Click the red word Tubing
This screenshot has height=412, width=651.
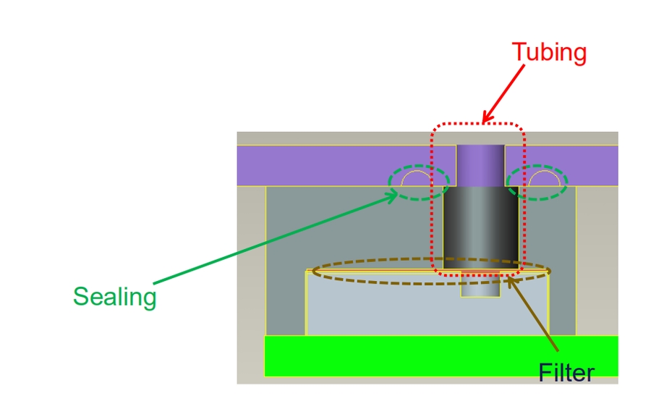tap(549, 53)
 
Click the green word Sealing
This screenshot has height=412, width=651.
tap(114, 297)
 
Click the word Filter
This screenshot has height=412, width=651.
tap(566, 372)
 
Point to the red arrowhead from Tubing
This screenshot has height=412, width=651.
tap(486, 117)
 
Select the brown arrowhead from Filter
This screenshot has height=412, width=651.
tap(511, 281)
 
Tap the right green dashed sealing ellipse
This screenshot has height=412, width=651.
tap(537, 181)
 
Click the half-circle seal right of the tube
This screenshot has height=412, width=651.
tap(542, 178)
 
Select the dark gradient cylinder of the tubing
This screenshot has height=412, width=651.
tap(481, 224)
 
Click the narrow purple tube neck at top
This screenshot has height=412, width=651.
tap(480, 165)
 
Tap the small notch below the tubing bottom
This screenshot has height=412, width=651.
tap(481, 286)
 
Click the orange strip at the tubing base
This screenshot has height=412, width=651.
tap(481, 272)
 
